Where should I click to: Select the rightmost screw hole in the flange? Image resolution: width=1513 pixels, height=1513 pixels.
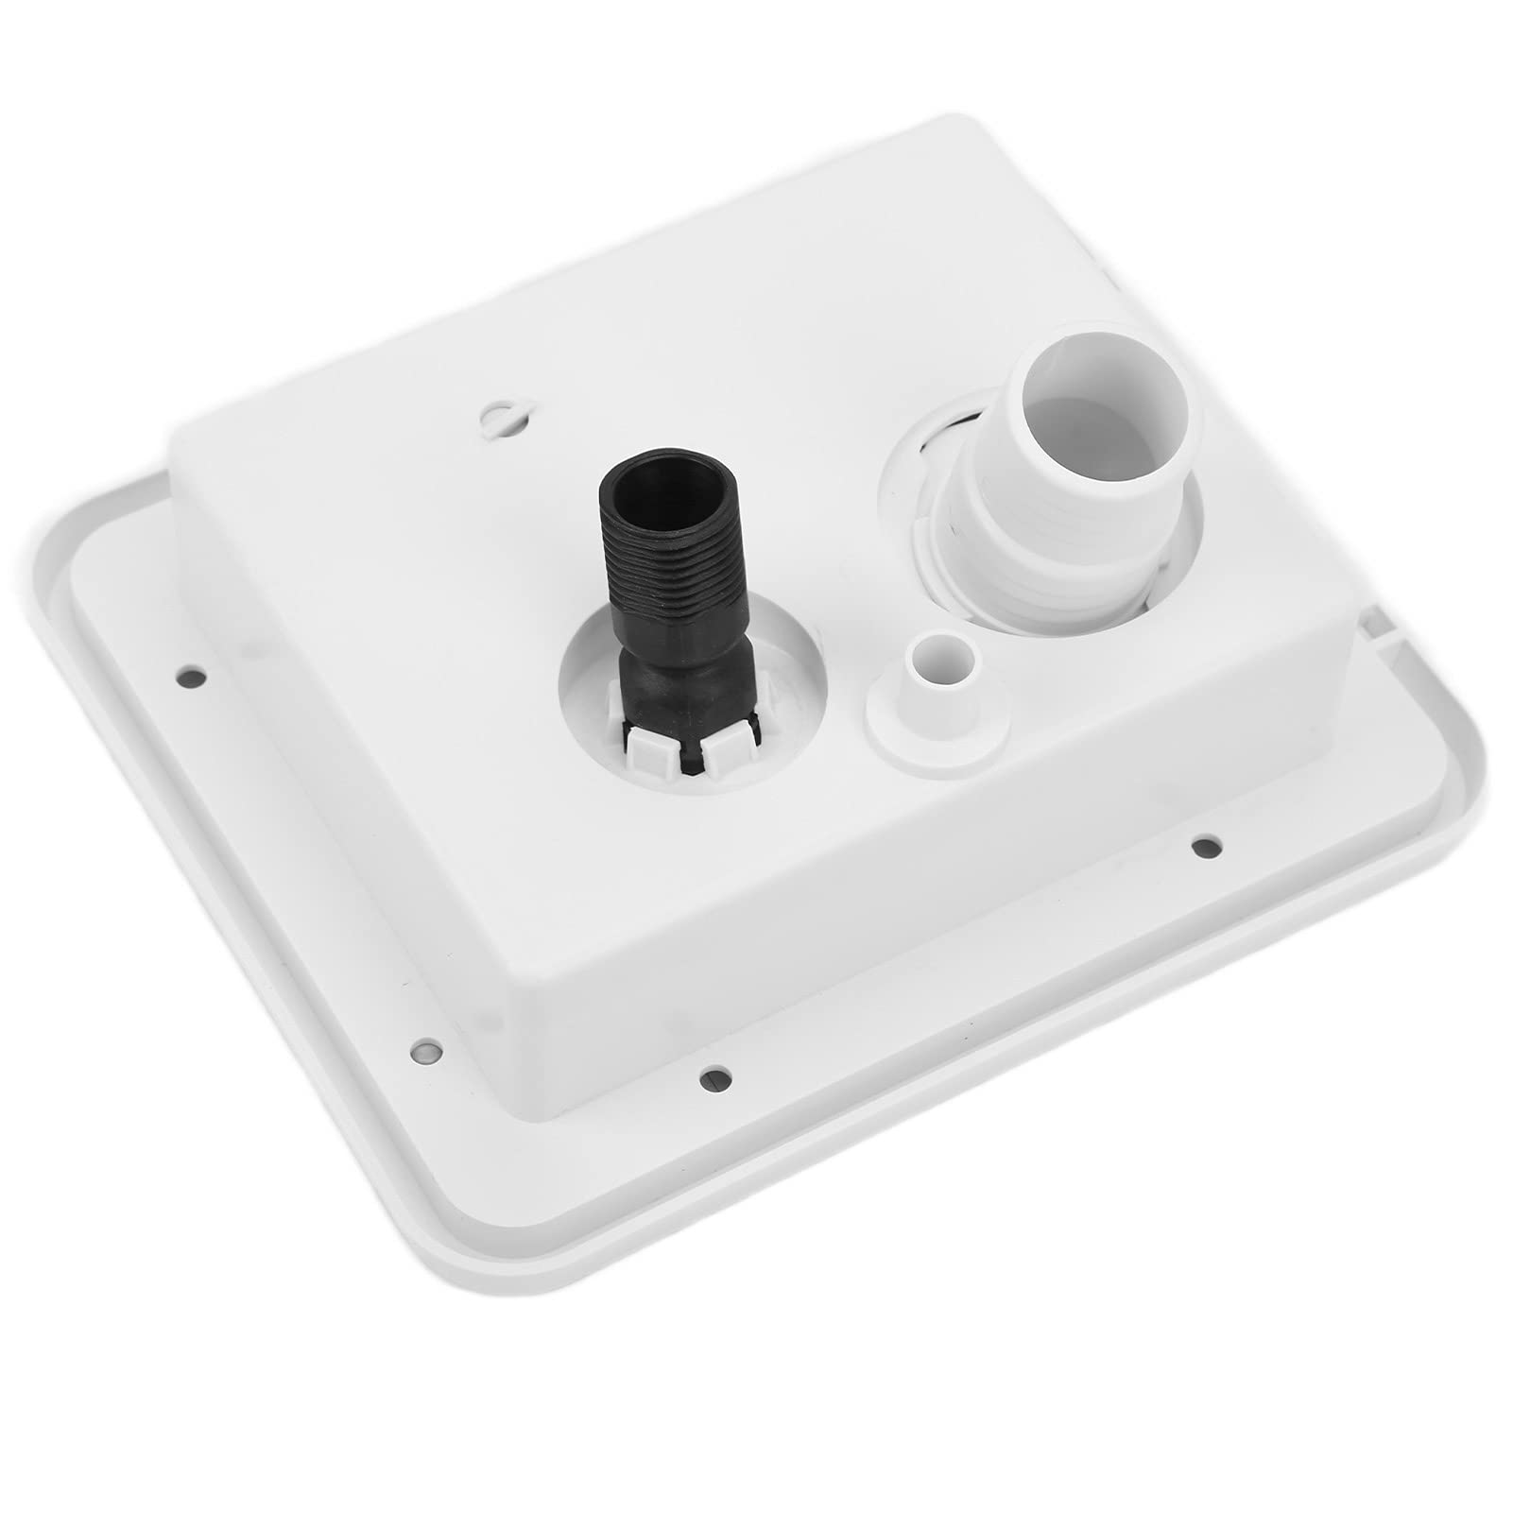(1203, 845)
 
